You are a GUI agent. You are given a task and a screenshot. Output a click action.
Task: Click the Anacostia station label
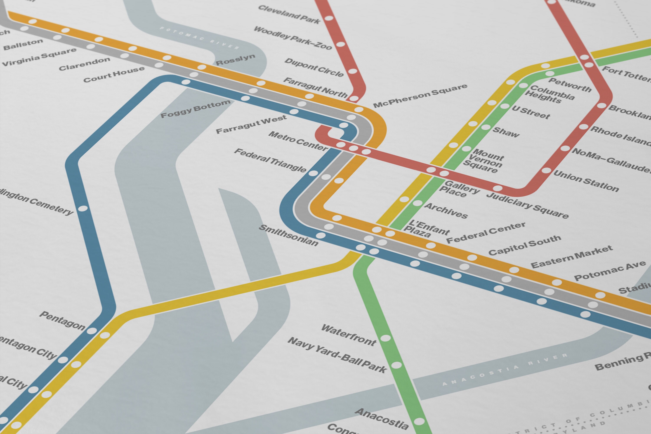381,419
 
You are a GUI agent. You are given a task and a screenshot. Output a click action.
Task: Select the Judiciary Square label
527,205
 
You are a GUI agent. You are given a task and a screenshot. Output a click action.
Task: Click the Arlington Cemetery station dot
83,208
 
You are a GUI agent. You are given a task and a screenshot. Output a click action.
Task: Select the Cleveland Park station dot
329,18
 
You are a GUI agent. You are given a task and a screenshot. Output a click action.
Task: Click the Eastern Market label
571,257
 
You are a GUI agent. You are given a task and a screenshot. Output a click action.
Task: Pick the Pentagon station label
62,321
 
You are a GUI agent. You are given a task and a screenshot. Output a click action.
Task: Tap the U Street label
531,112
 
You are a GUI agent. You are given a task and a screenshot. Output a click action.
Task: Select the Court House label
114,74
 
